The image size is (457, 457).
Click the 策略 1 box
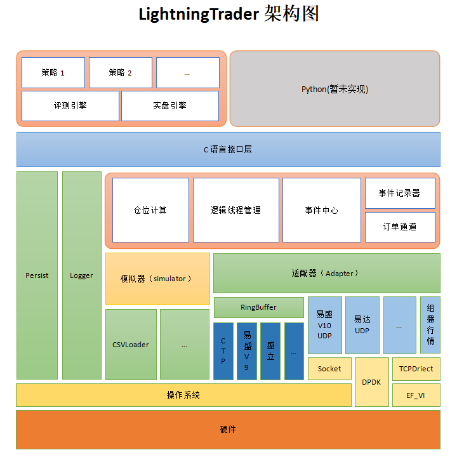53,72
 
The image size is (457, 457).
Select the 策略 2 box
121,72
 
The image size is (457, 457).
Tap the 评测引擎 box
70,105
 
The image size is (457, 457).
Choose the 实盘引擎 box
170,105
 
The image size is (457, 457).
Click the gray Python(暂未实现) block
334,89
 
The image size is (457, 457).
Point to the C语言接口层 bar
228,149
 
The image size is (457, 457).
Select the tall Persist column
37,275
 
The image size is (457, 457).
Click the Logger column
81,275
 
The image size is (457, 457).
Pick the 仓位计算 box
150,210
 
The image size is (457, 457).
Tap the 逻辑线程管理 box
235,210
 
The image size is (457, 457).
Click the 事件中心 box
321,210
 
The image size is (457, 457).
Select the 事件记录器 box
400,193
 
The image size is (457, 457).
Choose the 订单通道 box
400,227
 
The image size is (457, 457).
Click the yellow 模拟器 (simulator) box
157,278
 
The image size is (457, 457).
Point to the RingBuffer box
258,307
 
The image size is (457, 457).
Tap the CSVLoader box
131,345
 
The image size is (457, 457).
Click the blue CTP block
223,351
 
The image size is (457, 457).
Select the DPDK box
371,382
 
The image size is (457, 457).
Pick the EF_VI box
416,395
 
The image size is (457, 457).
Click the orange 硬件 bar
228,430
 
